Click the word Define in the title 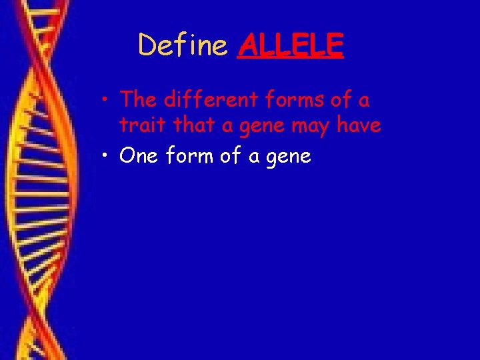pyautogui.click(x=183, y=45)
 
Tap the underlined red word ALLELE pyautogui.click(x=290, y=45)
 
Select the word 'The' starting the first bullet pyautogui.click(x=138, y=100)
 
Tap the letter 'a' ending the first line pyautogui.click(x=364, y=102)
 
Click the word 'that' pyautogui.click(x=187, y=125)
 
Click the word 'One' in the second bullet pyautogui.click(x=138, y=156)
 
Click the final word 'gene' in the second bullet pyautogui.click(x=289, y=158)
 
